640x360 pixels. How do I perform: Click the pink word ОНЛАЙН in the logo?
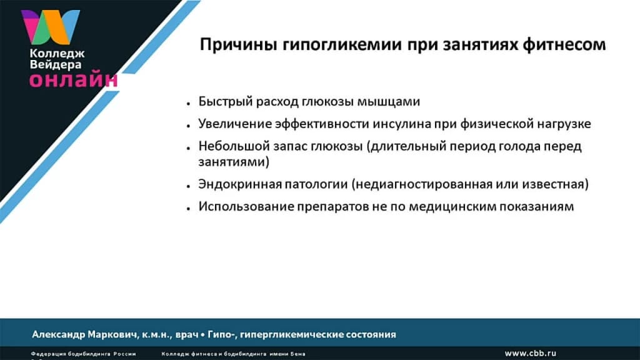[73, 79]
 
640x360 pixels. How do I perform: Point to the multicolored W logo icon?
[50, 27]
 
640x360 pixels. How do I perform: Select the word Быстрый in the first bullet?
[220, 101]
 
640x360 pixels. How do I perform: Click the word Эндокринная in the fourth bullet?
[233, 184]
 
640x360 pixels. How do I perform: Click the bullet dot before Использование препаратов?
[188, 207]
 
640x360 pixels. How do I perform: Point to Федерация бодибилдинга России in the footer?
[83, 354]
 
